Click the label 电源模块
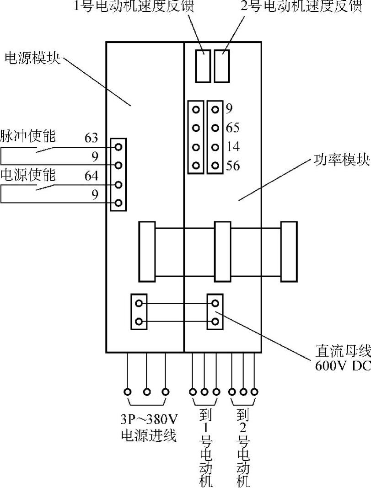pyautogui.click(x=32, y=59)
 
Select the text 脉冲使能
pyautogui.click(x=27, y=136)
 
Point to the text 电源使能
pyautogui.click(x=27, y=175)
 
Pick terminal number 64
pyautogui.click(x=91, y=176)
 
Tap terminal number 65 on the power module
pyautogui.click(x=232, y=128)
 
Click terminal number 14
pyautogui.click(x=232, y=147)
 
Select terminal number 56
pyautogui.click(x=232, y=166)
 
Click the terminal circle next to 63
pyautogui.click(x=118, y=147)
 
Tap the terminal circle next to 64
pyautogui.click(x=118, y=184)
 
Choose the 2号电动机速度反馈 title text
pyautogui.click(x=301, y=7)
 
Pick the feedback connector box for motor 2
pyautogui.click(x=222, y=66)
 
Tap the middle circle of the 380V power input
pyautogui.click(x=147, y=392)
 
